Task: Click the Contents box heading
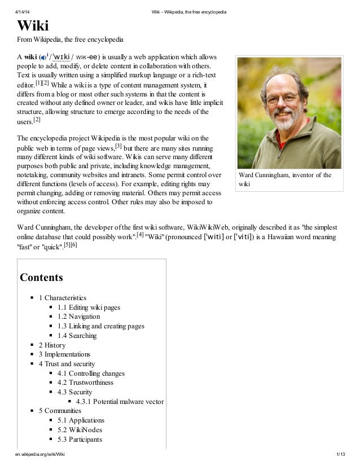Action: [x=41, y=278]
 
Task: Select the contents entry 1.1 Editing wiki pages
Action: [x=89, y=307]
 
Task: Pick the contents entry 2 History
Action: [x=52, y=345]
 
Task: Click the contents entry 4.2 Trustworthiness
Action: [x=85, y=383]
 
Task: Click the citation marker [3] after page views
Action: [x=118, y=146]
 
